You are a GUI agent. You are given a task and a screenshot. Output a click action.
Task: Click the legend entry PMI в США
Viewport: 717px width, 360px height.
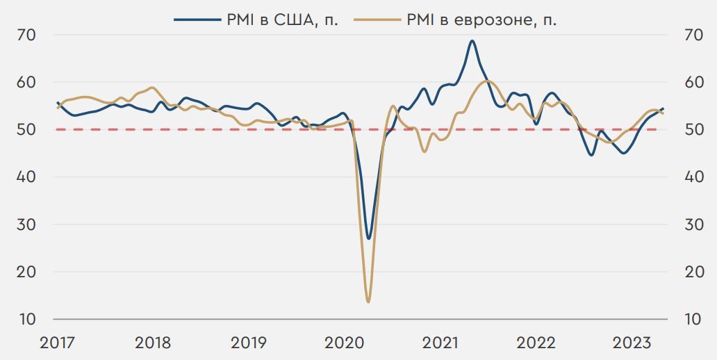(x=282, y=20)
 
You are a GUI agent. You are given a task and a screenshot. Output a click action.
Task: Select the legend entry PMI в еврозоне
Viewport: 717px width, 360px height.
(x=482, y=20)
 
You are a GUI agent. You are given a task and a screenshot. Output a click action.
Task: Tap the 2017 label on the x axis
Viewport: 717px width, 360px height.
(x=58, y=343)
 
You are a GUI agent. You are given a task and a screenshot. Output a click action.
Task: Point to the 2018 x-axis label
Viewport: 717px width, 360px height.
(x=153, y=343)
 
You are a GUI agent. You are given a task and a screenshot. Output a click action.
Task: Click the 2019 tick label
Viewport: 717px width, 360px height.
(x=248, y=343)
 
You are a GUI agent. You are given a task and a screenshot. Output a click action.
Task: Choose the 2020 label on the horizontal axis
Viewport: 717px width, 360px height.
(x=344, y=343)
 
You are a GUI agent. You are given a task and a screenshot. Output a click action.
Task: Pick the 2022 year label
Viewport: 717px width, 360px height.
(x=535, y=343)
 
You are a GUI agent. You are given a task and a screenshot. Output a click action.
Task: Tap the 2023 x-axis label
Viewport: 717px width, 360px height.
(x=630, y=343)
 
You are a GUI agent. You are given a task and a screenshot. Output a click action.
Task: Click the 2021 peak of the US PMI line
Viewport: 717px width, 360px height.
(x=472, y=41)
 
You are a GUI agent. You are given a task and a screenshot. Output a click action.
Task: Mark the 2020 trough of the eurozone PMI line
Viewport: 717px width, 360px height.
(x=368, y=302)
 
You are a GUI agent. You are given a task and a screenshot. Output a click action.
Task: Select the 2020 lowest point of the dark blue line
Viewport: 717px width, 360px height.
(x=368, y=238)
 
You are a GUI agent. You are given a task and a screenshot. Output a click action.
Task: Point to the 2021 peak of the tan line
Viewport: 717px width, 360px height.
(x=486, y=81)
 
